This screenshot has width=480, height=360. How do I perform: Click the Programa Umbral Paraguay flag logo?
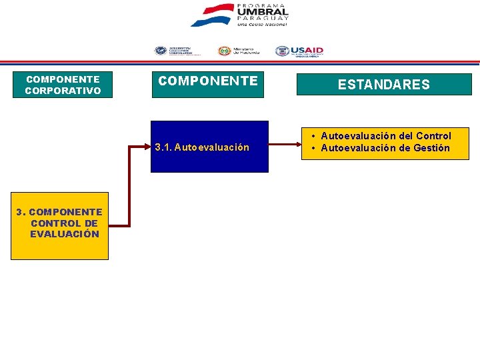211,15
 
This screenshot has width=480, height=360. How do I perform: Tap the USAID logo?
299,51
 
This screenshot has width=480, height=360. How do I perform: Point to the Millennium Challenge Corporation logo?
174,51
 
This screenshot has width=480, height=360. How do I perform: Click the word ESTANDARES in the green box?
383,85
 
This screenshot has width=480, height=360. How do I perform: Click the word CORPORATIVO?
63,91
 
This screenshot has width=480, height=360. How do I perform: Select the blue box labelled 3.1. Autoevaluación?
209,147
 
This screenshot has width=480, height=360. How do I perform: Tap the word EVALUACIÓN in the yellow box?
65,234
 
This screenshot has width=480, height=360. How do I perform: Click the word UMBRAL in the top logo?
262,11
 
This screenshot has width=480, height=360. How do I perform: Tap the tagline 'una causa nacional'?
263,24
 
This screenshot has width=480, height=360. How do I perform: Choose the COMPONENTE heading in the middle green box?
207,81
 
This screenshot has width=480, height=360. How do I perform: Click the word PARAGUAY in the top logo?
263,19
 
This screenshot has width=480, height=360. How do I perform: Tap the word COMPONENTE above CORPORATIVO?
63,79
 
